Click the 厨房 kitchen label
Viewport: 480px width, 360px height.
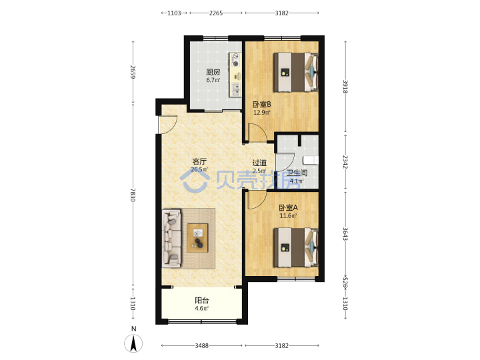click(213, 72)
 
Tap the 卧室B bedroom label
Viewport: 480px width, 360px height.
click(262, 105)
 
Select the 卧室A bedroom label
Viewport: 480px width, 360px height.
click(288, 207)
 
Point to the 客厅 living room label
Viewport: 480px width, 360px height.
click(199, 161)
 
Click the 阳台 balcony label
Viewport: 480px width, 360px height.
click(202, 301)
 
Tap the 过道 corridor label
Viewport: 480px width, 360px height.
click(259, 163)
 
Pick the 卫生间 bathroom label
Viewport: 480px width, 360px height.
click(297, 173)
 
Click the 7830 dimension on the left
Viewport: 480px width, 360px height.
click(133, 195)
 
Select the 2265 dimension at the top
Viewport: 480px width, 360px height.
click(216, 13)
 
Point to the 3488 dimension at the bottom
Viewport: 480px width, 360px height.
click(202, 345)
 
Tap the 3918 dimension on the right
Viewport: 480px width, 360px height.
click(345, 87)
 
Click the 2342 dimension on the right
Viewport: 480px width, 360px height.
click(345, 162)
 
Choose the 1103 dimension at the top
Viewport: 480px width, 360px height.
click(174, 13)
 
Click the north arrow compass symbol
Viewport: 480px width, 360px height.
click(133, 343)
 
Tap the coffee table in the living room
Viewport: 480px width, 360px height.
click(197, 238)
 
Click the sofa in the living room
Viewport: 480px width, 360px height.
click(171, 238)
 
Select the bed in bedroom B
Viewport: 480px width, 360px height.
click(296, 72)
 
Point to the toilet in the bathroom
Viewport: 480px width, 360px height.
click(311, 161)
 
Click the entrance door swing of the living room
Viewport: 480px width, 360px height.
click(168, 125)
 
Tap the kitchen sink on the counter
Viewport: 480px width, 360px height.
click(236, 89)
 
